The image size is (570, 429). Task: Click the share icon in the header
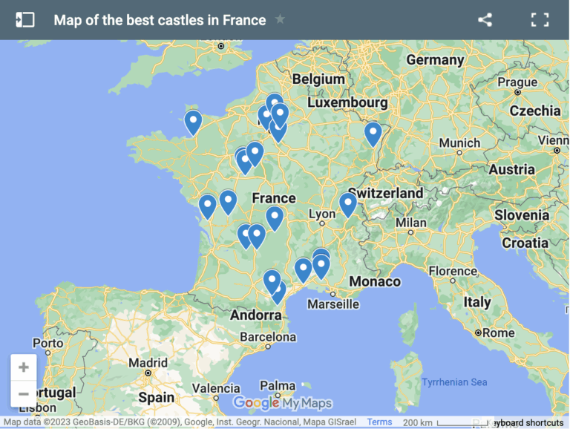485,20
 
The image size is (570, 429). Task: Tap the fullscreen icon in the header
540,20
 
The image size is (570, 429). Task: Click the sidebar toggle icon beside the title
25,20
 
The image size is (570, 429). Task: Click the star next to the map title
280,19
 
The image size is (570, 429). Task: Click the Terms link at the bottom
379,422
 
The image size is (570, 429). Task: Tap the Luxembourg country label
347,102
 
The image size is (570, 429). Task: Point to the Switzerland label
385,192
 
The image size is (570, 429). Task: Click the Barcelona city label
268,336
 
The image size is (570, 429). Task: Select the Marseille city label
333,304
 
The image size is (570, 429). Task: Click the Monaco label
375,281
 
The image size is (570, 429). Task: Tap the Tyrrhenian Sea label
454,382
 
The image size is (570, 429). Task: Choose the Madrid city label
148,363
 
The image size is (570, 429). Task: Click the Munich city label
459,143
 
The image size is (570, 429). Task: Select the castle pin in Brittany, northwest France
193,121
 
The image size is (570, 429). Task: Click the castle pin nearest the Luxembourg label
373,134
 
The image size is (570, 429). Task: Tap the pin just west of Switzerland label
348,203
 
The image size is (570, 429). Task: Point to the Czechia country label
535,111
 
